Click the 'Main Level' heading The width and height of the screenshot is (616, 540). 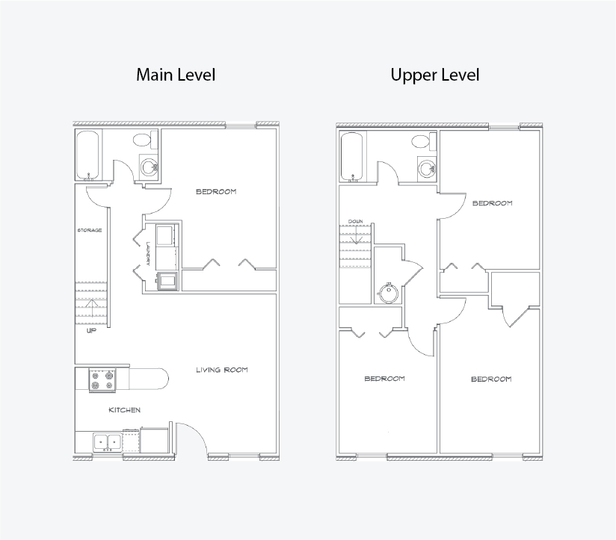pyautogui.click(x=176, y=75)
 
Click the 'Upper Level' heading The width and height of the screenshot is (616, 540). pyautogui.click(x=435, y=75)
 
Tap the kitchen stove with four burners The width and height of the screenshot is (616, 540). pyautogui.click(x=102, y=380)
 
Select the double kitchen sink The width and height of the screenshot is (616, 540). pyautogui.click(x=107, y=442)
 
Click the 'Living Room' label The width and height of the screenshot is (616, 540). pyautogui.click(x=222, y=370)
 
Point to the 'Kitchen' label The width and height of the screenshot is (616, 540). pyautogui.click(x=125, y=410)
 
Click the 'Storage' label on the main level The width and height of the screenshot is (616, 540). pyautogui.click(x=90, y=230)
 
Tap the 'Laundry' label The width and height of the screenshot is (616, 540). pyautogui.click(x=148, y=253)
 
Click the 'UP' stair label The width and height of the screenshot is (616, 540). pyautogui.click(x=91, y=331)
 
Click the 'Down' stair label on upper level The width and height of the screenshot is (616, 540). pyautogui.click(x=356, y=222)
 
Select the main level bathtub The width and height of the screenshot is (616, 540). pyautogui.click(x=87, y=156)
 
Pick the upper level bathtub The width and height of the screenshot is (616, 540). pyautogui.click(x=352, y=157)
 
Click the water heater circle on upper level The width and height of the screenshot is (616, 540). pyautogui.click(x=388, y=292)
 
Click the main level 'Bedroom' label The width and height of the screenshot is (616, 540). pyautogui.click(x=216, y=191)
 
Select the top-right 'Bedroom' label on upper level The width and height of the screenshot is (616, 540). pyautogui.click(x=492, y=203)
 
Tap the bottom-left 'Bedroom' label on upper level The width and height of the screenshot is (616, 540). pyautogui.click(x=384, y=379)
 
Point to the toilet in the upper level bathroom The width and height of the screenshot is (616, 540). pyautogui.click(x=425, y=142)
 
